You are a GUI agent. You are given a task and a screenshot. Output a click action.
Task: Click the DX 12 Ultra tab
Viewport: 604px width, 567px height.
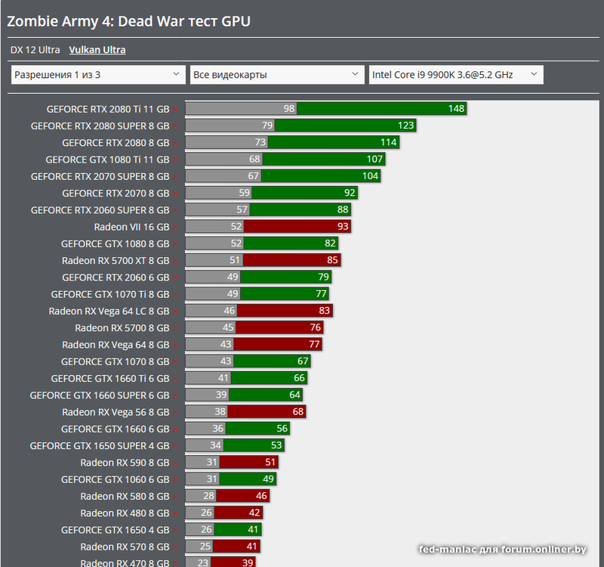35,50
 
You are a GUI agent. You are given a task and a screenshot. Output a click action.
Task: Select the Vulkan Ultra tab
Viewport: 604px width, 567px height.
97,50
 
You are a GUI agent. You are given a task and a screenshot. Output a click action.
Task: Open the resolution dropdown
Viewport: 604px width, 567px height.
98,74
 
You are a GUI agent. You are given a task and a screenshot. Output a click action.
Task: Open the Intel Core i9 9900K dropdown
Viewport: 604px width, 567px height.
455,74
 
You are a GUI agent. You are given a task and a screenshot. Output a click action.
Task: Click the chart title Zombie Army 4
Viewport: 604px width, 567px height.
129,21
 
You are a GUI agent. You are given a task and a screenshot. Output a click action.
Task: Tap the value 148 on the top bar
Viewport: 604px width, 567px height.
456,109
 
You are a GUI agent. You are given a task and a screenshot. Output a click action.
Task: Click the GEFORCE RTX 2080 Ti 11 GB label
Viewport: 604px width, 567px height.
108,109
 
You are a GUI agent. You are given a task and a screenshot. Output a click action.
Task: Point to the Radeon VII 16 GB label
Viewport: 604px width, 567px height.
131,227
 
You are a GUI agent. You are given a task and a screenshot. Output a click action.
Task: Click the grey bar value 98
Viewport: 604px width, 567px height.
289,109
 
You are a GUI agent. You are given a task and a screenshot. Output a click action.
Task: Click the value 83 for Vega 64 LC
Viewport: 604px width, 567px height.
323,311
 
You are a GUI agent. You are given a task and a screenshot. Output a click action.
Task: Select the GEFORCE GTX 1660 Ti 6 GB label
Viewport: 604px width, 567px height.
109,379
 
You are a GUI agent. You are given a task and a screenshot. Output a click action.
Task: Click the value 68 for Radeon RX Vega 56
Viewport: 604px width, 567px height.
298,412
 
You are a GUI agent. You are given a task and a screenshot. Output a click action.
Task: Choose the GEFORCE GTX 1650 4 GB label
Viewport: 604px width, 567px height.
115,530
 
